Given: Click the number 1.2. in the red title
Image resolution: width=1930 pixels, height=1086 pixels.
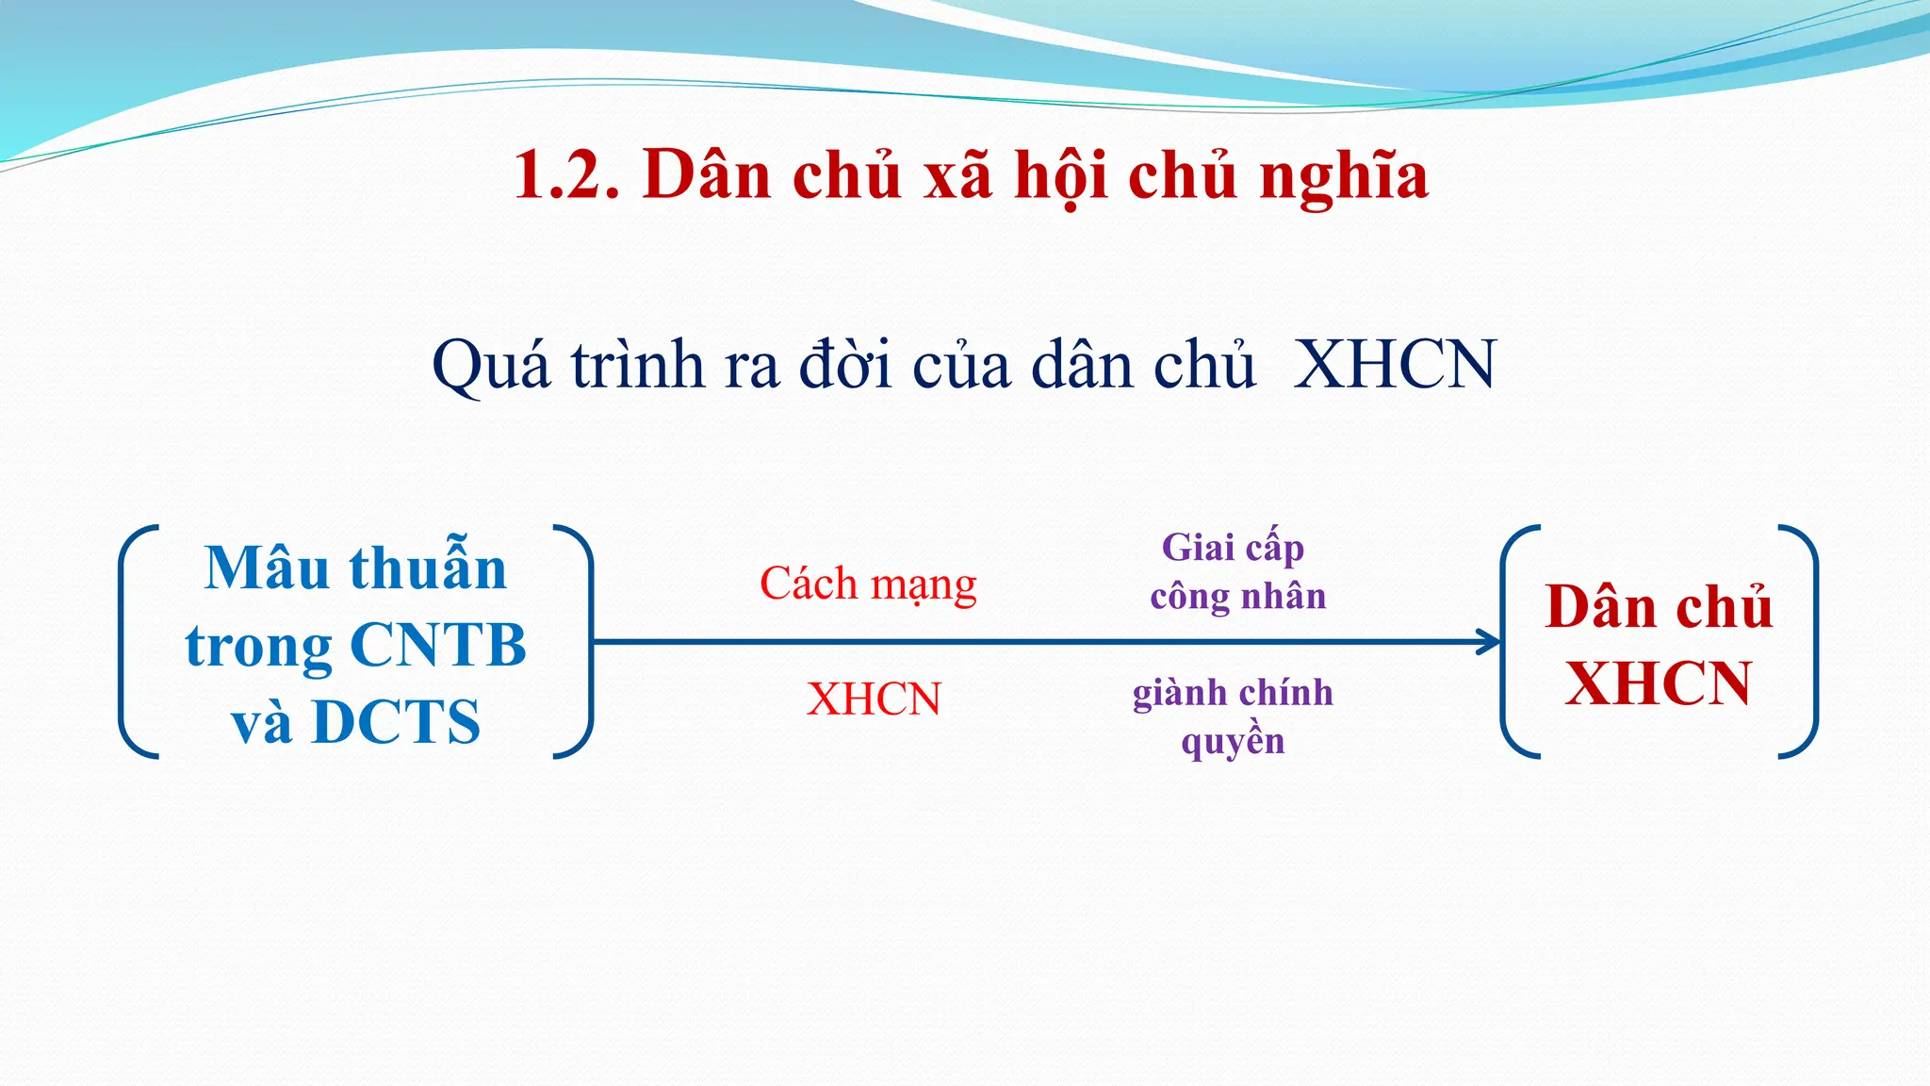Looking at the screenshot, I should pyautogui.click(x=566, y=176).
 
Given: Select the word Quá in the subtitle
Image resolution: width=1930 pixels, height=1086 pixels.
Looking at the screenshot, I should pyautogui.click(x=490, y=366).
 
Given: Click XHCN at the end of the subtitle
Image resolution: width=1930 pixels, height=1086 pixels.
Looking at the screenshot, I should pyautogui.click(x=1395, y=364).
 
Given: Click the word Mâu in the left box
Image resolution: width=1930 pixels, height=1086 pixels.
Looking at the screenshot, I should pyautogui.click(x=267, y=568).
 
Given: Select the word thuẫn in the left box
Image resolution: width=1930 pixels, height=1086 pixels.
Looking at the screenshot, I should pyautogui.click(x=428, y=568).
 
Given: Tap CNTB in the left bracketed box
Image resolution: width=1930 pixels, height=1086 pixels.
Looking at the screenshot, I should pyautogui.click(x=437, y=646).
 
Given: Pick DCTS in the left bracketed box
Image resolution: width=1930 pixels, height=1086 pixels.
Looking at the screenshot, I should pyautogui.click(x=396, y=722).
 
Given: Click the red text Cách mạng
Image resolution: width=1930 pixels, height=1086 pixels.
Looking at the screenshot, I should pyautogui.click(x=868, y=584).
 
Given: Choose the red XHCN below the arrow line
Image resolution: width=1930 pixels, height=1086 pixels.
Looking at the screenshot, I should pyautogui.click(x=874, y=699).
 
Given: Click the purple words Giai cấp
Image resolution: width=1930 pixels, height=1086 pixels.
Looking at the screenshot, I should pyautogui.click(x=1233, y=548).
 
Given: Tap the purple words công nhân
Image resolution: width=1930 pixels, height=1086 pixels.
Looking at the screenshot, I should pyautogui.click(x=1237, y=597).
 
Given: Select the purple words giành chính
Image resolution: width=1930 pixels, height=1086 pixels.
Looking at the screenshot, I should pyautogui.click(x=1233, y=693).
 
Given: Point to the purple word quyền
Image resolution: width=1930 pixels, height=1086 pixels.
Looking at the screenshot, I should pyautogui.click(x=1233, y=742).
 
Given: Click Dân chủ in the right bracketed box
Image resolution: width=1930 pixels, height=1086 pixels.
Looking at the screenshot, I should pyautogui.click(x=1659, y=606).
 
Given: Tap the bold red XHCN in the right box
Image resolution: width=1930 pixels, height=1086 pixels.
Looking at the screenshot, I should pyautogui.click(x=1659, y=683).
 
